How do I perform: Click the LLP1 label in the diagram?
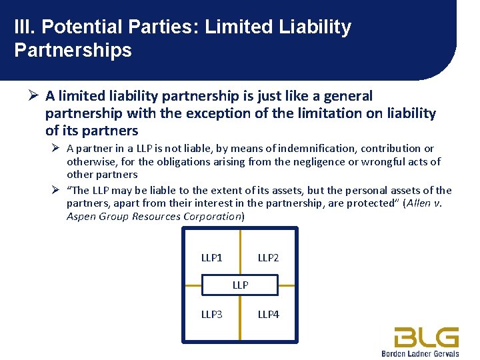212,258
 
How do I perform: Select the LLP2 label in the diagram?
268,258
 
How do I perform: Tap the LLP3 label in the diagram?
212,314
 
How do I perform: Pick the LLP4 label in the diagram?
268,314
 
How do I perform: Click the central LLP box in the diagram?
240,285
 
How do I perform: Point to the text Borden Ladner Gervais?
420,353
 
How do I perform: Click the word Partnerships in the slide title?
73,50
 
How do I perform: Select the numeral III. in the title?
26,27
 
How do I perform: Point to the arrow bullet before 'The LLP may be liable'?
56,190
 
